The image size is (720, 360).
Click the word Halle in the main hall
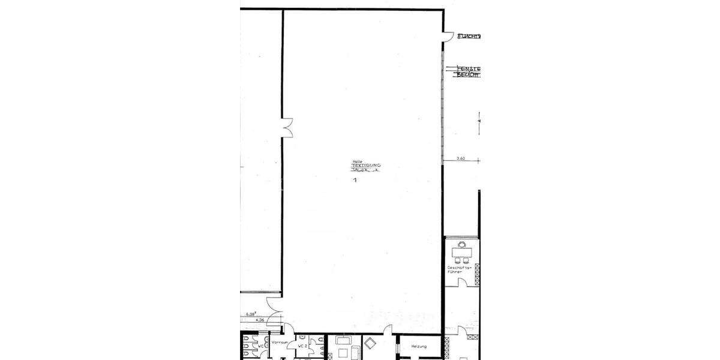pyautogui.click(x=358, y=160)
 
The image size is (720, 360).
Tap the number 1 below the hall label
pyautogui.click(x=355, y=179)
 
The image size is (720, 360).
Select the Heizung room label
pyautogui.click(x=419, y=347)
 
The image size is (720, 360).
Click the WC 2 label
pyautogui.click(x=302, y=347)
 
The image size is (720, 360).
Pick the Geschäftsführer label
pyautogui.click(x=455, y=269)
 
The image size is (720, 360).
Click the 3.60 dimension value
pyautogui.click(x=461, y=158)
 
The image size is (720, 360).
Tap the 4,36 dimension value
pyautogui.click(x=260, y=320)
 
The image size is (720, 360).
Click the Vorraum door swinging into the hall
pyautogui.click(x=290, y=330)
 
